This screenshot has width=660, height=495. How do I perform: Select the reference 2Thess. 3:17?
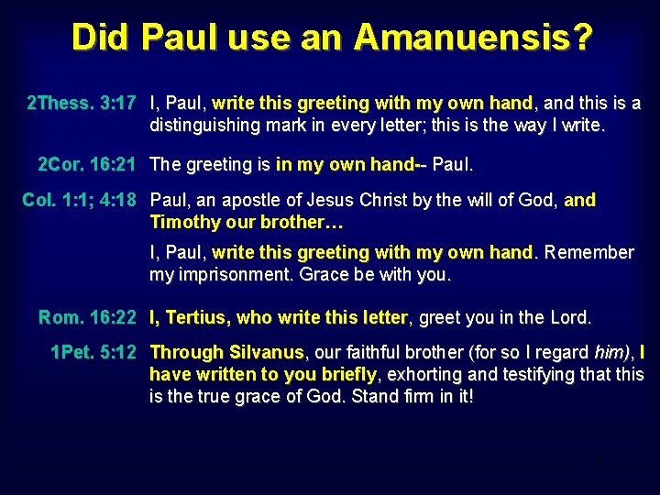click(x=82, y=103)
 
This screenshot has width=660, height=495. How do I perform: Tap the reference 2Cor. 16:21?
click(x=86, y=165)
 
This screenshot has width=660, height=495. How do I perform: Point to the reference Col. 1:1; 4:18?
click(x=79, y=200)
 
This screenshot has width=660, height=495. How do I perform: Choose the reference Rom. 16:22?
click(x=87, y=318)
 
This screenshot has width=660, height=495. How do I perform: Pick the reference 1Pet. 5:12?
click(x=93, y=352)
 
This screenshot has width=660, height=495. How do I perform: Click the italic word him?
click(x=607, y=352)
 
